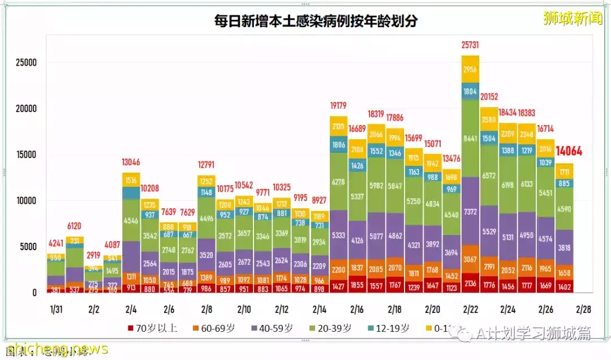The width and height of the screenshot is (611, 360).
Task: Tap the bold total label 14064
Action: [x=569, y=152]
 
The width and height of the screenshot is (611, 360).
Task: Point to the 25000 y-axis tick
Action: [x=25, y=63]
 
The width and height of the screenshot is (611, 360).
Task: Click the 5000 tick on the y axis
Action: [x=28, y=247]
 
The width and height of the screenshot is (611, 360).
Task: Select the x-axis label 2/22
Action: [x=470, y=310]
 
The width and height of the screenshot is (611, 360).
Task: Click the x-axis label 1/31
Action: [x=56, y=310]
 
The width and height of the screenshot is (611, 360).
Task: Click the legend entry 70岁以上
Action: [x=153, y=328]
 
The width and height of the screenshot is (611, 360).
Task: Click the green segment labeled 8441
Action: [x=470, y=138]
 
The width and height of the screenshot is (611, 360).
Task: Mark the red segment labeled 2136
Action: [x=470, y=284]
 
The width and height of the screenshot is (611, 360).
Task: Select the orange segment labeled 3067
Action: [x=470, y=260]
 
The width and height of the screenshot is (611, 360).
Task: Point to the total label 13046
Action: [x=131, y=162]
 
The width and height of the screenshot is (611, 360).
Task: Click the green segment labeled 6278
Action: [x=338, y=182]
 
